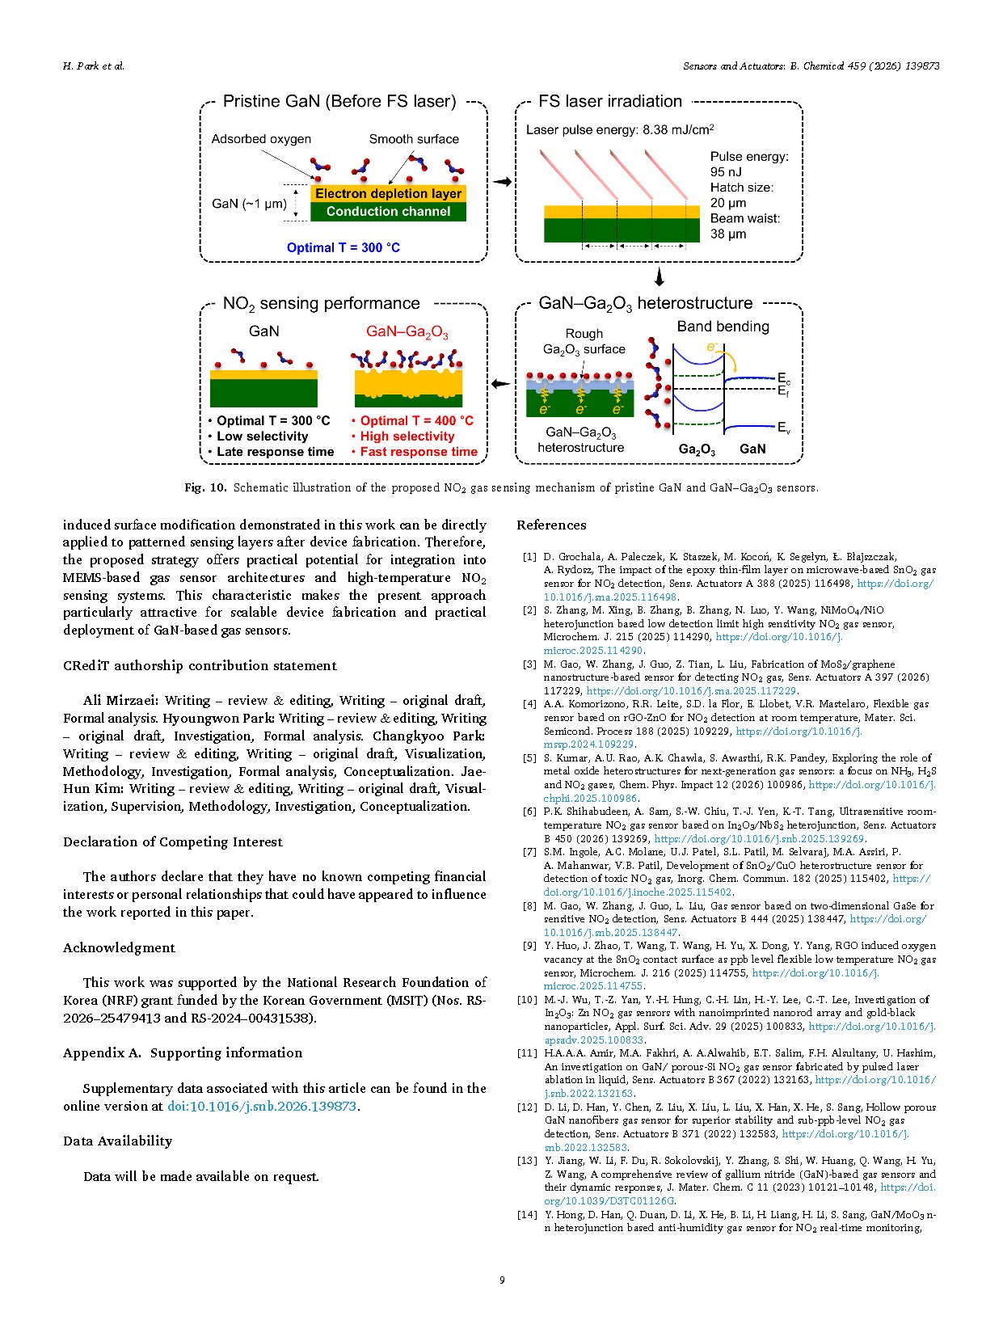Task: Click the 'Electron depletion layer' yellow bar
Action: coord(388,194)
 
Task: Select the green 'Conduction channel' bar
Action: coord(388,212)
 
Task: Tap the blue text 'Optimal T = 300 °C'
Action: coord(343,248)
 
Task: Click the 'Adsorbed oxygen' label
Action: coord(261,139)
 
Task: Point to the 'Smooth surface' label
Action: coord(414,139)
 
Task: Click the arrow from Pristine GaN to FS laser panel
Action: coord(502,182)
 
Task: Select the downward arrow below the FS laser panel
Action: coord(659,277)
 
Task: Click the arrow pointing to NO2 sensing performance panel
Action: coord(501,384)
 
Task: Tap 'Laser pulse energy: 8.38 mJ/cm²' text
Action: coord(619,129)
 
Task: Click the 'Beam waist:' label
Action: coord(745,218)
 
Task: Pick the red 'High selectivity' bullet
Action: coord(407,437)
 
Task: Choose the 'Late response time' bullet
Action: coord(275,452)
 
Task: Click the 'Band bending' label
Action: coord(723,327)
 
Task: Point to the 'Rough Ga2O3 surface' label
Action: coord(584,341)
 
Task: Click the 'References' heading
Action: coord(551,525)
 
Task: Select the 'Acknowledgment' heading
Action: coord(119,948)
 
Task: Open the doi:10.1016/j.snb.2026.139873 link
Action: coord(262,1107)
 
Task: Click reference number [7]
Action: coord(529,852)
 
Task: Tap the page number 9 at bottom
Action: coord(502,1280)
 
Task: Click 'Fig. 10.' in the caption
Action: coord(205,488)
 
